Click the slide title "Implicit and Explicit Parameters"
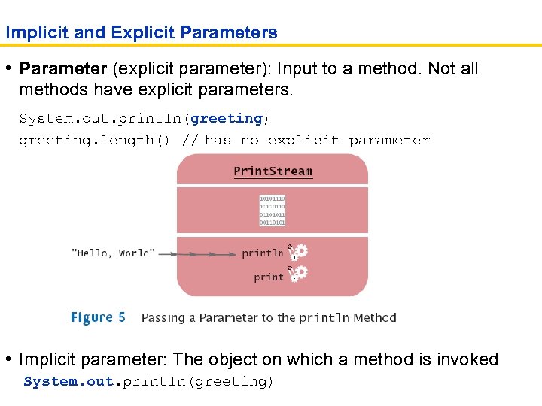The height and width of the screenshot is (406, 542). pos(142,33)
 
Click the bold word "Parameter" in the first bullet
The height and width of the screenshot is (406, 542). pos(63,69)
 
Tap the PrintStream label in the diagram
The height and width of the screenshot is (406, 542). pos(273,171)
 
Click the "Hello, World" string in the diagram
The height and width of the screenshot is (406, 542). pos(113,253)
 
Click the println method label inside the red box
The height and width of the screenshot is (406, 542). pos(263,253)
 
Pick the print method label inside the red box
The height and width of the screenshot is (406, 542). pos(269,277)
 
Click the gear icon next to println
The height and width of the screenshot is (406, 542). pos(299,252)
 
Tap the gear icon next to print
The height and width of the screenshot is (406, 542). pos(299,273)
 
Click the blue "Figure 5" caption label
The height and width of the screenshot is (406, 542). pos(98,317)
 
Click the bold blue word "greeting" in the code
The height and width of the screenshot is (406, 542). pos(227,119)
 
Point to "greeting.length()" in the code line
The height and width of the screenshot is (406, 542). pos(97,141)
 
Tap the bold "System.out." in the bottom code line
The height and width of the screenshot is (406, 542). pos(69,382)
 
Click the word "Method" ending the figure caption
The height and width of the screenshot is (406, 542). pos(375,318)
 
